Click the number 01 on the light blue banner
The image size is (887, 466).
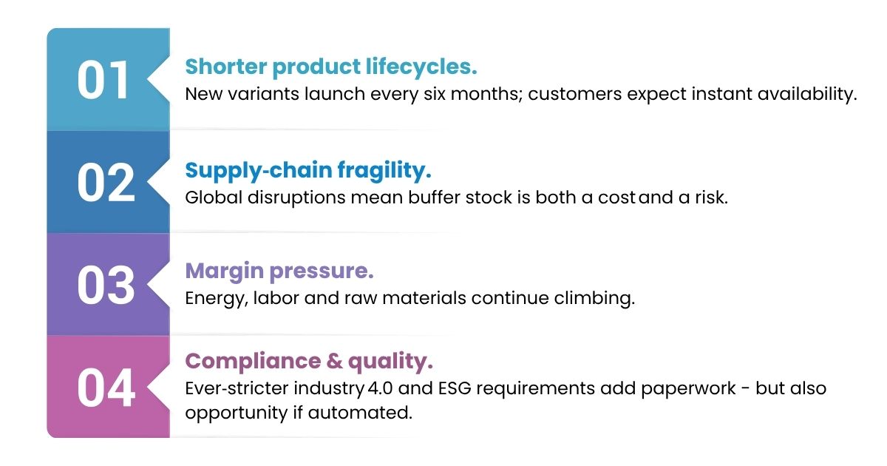pos(103,81)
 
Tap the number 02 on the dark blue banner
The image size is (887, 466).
pos(106,183)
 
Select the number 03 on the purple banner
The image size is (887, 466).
pos(106,286)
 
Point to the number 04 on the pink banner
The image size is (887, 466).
pos(106,388)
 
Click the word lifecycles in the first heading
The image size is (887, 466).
pos(421,67)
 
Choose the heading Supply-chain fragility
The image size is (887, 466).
pos(308,170)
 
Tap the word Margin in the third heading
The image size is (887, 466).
pos(225,272)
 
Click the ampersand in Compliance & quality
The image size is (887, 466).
pos(335,361)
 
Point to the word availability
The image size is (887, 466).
pos(807,95)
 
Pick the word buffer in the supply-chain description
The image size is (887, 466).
pos(434,197)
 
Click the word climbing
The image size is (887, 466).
pos(594,298)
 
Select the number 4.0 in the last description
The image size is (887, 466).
pos(380,388)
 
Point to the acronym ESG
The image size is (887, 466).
pos(455,388)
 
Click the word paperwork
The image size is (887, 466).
pos(688,389)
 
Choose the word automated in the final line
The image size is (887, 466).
pos(360,413)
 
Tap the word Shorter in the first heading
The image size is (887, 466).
pos(225,67)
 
